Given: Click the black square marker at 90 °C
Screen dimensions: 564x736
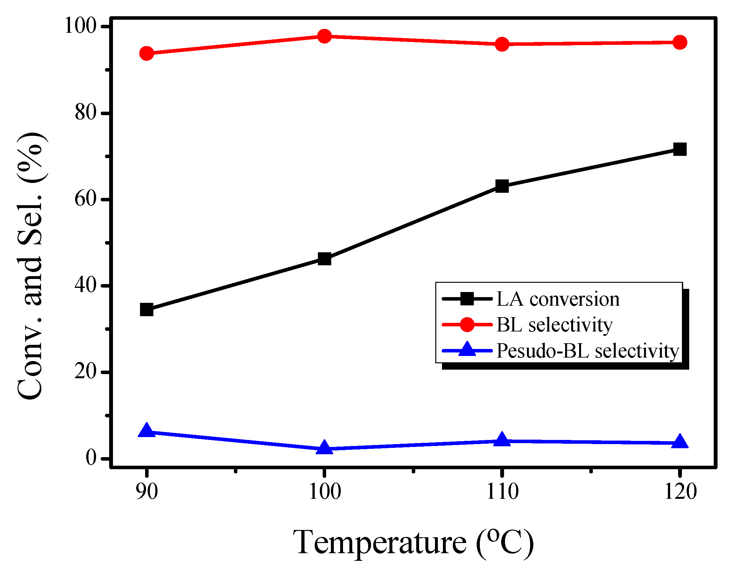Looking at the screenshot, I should point(147,310).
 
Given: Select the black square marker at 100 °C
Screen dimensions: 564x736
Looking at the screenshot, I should point(324,259).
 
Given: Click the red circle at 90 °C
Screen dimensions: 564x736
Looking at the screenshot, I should point(147,53).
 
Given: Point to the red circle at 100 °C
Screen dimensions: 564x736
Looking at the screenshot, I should point(324,36).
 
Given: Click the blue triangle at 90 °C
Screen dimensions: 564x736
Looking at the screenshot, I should point(147,431).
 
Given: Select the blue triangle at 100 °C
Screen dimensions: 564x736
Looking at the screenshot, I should point(324,448).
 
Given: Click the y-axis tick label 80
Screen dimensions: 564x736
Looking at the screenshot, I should point(86,113).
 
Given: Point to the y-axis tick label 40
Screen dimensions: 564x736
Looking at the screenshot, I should point(86,285).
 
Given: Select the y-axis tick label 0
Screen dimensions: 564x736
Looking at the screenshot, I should point(91,457).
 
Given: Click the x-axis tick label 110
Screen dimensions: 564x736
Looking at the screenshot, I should point(502,492).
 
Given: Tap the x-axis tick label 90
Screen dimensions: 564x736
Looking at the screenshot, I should point(147,492).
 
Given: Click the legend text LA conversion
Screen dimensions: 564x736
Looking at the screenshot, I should point(558,299).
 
